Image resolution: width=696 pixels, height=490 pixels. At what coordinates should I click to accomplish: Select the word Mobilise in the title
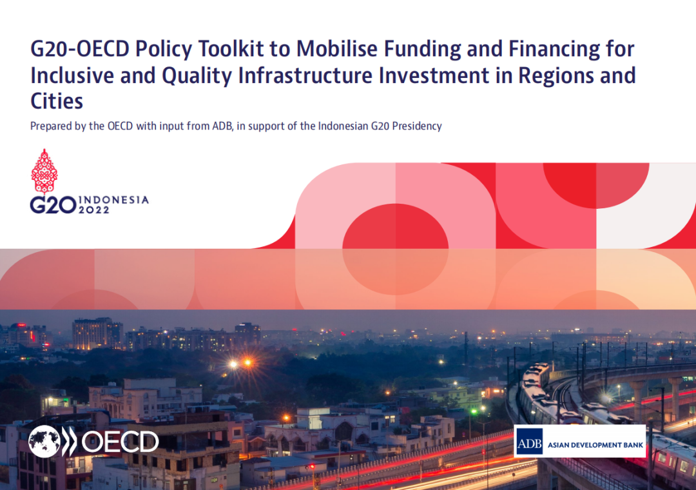coord(337,48)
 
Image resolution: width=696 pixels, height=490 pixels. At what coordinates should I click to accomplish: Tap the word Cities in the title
coord(56,101)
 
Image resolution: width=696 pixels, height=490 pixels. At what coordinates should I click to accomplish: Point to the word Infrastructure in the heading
coord(305,75)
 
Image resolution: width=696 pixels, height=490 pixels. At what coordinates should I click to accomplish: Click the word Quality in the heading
coord(197,76)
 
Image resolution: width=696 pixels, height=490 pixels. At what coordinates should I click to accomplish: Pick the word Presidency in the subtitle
coord(417,126)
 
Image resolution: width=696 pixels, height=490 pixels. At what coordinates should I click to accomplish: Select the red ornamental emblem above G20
coord(44,171)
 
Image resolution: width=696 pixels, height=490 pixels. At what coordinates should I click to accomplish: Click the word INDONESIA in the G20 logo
coord(113,200)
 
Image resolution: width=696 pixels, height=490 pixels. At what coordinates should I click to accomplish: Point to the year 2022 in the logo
coord(93,210)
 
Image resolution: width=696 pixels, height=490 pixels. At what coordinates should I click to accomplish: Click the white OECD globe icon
coord(44,441)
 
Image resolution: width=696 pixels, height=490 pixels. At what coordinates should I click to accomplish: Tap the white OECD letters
coord(120,442)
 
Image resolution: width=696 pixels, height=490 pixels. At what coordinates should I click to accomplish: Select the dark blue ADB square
coord(529,441)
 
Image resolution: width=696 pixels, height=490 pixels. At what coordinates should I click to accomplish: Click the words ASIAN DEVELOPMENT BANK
coord(595,445)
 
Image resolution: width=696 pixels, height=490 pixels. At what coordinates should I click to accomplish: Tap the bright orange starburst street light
coord(247,363)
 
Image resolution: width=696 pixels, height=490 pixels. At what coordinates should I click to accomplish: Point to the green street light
coord(474,411)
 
